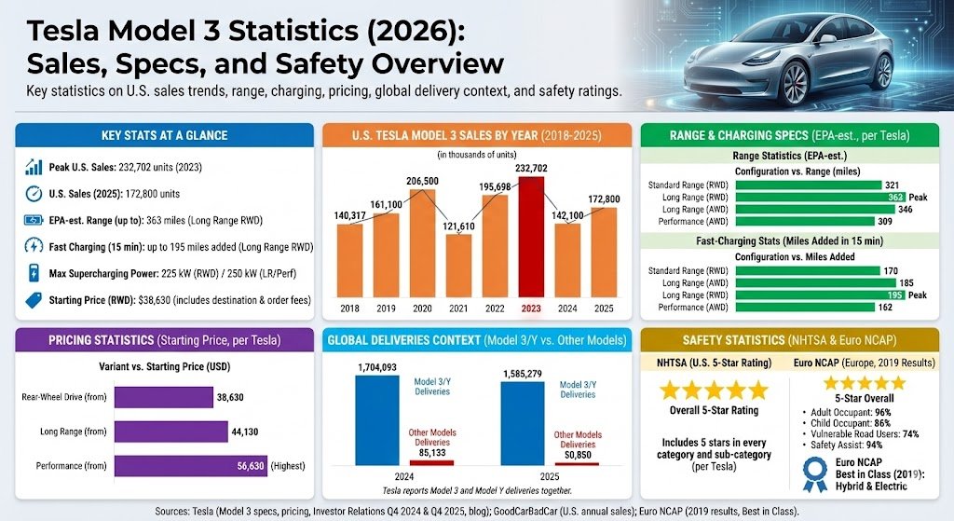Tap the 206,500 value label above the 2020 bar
[x=422, y=180]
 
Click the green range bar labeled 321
[x=808, y=185]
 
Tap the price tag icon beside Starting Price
[x=34, y=300]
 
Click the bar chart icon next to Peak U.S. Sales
[x=34, y=168]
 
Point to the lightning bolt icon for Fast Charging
[x=34, y=247]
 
